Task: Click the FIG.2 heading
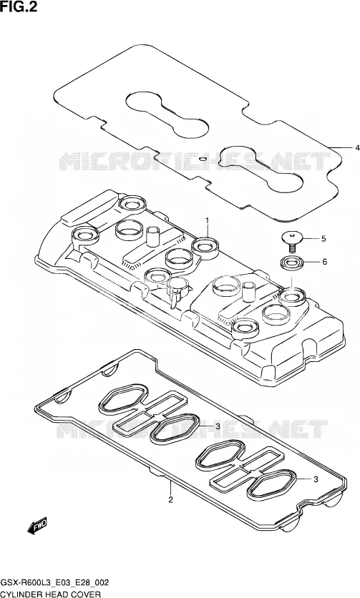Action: point(19,6)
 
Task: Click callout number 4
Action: point(357,147)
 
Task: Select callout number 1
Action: point(208,220)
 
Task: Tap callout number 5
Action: point(323,239)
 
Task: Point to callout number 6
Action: point(324,262)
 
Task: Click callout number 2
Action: point(170,499)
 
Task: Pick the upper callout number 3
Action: point(218,426)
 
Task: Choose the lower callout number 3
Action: point(316,479)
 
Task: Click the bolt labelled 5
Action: point(292,242)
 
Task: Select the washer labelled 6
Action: point(292,263)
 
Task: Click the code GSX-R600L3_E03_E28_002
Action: point(54,583)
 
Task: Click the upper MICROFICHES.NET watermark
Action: point(195,162)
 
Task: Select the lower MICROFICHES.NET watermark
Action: point(192,429)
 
